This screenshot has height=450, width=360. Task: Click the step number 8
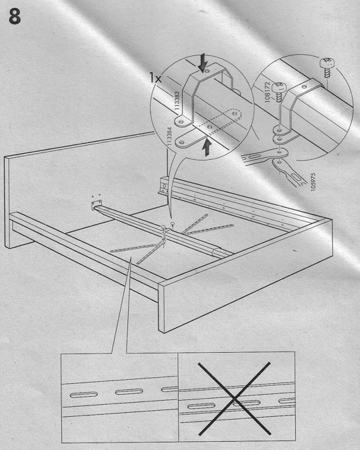click(x=14, y=16)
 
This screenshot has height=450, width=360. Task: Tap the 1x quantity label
click(x=155, y=78)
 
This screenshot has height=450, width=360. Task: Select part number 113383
click(x=177, y=101)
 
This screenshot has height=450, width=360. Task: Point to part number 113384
click(x=169, y=138)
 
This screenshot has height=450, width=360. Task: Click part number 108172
click(x=267, y=92)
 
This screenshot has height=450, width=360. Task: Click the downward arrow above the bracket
click(x=203, y=62)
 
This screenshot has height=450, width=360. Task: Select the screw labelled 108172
click(x=279, y=92)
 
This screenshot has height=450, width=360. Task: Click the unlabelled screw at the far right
click(x=327, y=67)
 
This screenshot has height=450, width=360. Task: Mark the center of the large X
click(x=234, y=398)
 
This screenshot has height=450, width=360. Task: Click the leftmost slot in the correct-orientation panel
click(x=84, y=395)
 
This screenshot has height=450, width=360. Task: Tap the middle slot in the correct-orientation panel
click(x=129, y=391)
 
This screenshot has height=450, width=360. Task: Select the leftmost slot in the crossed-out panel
click(x=201, y=405)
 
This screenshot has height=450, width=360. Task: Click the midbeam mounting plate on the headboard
click(x=96, y=205)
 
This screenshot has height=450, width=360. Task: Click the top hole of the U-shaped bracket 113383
click(x=208, y=70)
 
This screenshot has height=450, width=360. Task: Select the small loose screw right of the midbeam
click(x=173, y=224)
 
